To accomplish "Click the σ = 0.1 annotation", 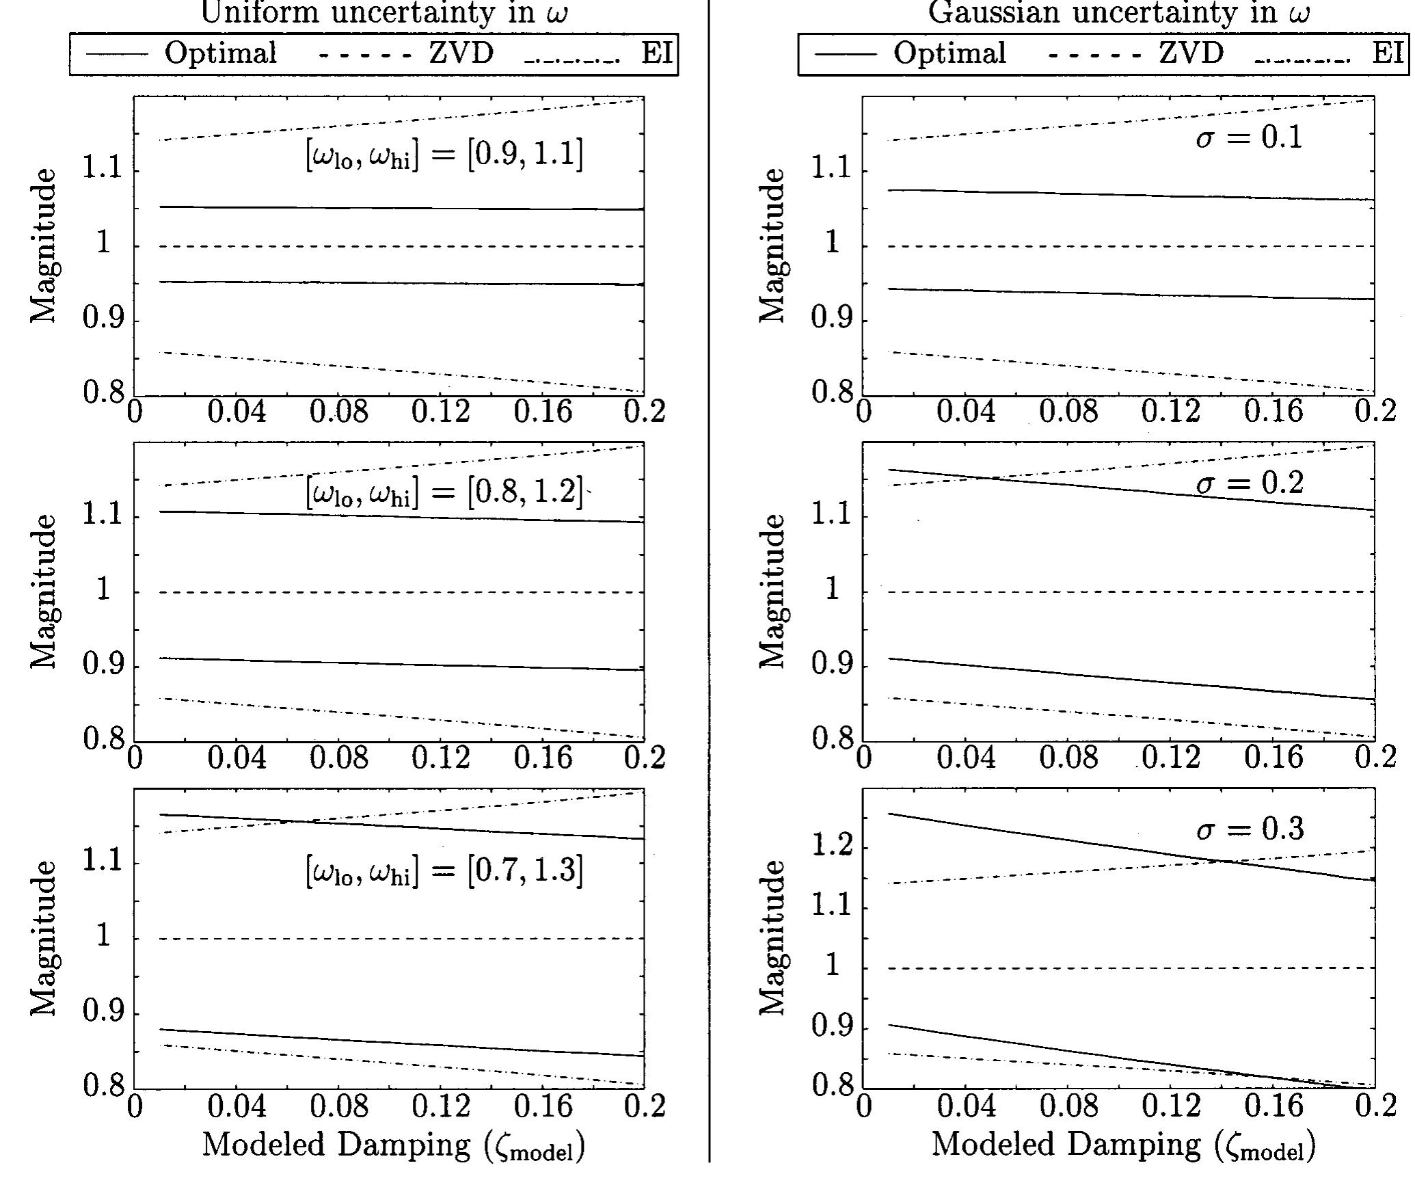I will (x=1250, y=137).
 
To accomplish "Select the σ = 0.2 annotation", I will (x=1250, y=483).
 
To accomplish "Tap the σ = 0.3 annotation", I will (x=1250, y=829).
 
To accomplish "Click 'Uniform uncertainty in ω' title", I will (x=384, y=13).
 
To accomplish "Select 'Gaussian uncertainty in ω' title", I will (x=1119, y=13).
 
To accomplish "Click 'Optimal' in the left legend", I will (x=220, y=53).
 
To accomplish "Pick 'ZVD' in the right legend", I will (x=1191, y=53).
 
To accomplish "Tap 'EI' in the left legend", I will (x=658, y=53).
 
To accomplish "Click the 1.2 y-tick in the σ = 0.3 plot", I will (x=831, y=846).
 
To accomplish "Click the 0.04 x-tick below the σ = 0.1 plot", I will (x=966, y=412).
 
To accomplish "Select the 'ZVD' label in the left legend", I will (x=461, y=53).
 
